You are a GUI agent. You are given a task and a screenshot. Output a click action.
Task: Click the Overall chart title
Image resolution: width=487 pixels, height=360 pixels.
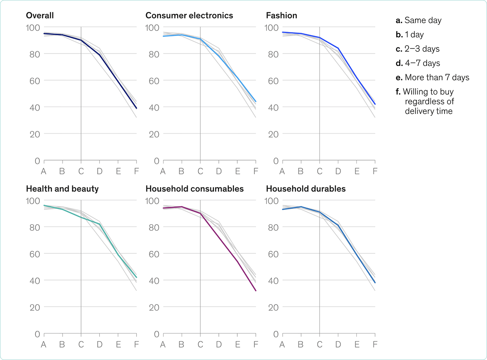tap(40, 16)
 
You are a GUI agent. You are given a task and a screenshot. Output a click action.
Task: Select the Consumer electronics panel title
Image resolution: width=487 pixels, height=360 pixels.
tap(189, 16)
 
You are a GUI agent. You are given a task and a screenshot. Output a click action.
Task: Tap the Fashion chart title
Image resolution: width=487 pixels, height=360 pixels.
tap(281, 16)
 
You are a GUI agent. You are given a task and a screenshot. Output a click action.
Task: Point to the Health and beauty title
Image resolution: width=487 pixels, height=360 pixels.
tap(62, 189)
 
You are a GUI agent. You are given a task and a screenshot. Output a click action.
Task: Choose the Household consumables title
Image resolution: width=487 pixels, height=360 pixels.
tap(194, 189)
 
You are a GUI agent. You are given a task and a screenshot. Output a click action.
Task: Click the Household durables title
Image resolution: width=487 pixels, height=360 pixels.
tap(306, 189)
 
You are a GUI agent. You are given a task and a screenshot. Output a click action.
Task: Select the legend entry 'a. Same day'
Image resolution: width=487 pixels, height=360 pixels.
tap(418, 20)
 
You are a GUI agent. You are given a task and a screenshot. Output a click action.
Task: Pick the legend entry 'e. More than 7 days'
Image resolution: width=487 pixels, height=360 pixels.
tap(433, 77)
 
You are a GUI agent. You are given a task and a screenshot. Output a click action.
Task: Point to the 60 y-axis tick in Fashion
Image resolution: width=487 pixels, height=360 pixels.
tap(273, 81)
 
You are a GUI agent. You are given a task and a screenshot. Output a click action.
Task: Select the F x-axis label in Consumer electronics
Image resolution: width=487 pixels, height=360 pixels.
tap(256, 172)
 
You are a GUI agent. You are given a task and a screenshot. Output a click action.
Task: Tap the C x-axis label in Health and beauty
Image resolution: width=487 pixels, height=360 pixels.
tap(81, 345)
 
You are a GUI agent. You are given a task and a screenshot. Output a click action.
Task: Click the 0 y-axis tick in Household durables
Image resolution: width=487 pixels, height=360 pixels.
tap(276, 334)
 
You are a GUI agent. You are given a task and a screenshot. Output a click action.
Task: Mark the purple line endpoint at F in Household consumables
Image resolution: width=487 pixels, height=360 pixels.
tap(256, 291)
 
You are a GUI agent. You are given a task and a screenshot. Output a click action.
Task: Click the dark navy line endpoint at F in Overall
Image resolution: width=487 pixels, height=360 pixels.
tap(136, 108)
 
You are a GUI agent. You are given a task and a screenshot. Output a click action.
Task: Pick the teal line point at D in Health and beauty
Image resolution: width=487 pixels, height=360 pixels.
tap(99, 224)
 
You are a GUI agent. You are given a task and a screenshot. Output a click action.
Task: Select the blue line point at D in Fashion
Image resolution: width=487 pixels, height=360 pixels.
tap(338, 48)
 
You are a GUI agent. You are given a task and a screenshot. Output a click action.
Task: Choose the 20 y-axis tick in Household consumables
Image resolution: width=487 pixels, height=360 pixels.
tap(154, 307)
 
